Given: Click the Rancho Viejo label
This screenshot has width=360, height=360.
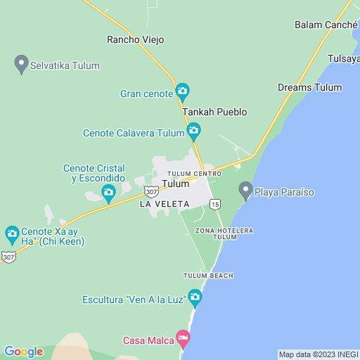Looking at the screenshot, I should (x=135, y=39).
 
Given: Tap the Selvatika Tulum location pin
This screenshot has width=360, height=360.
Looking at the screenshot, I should (x=21, y=65).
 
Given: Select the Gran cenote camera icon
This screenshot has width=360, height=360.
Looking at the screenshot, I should (x=183, y=91).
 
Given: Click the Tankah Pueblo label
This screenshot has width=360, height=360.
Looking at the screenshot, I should (x=214, y=112).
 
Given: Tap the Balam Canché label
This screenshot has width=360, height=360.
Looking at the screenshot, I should (x=326, y=25).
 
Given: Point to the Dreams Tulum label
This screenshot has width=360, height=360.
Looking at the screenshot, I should (x=309, y=87).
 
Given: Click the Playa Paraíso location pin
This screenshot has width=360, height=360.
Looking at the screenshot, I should (x=245, y=190).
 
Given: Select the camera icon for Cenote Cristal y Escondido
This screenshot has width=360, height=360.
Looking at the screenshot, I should (x=108, y=192).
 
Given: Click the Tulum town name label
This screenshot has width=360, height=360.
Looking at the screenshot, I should (x=176, y=184).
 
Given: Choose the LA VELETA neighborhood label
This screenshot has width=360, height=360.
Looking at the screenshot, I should (x=165, y=204).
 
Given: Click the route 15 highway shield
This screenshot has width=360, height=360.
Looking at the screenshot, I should (x=214, y=204).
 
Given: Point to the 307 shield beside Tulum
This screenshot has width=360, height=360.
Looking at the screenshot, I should (x=150, y=191).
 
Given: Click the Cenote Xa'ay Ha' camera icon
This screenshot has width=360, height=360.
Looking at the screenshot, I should (x=12, y=233).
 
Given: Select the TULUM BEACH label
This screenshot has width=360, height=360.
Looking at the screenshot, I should (x=208, y=276).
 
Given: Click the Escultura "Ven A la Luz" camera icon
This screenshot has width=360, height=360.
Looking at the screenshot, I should (x=195, y=298).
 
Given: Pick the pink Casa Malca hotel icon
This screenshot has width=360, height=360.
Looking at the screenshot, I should (x=183, y=339).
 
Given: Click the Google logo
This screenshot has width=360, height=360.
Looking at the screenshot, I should (x=23, y=352).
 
